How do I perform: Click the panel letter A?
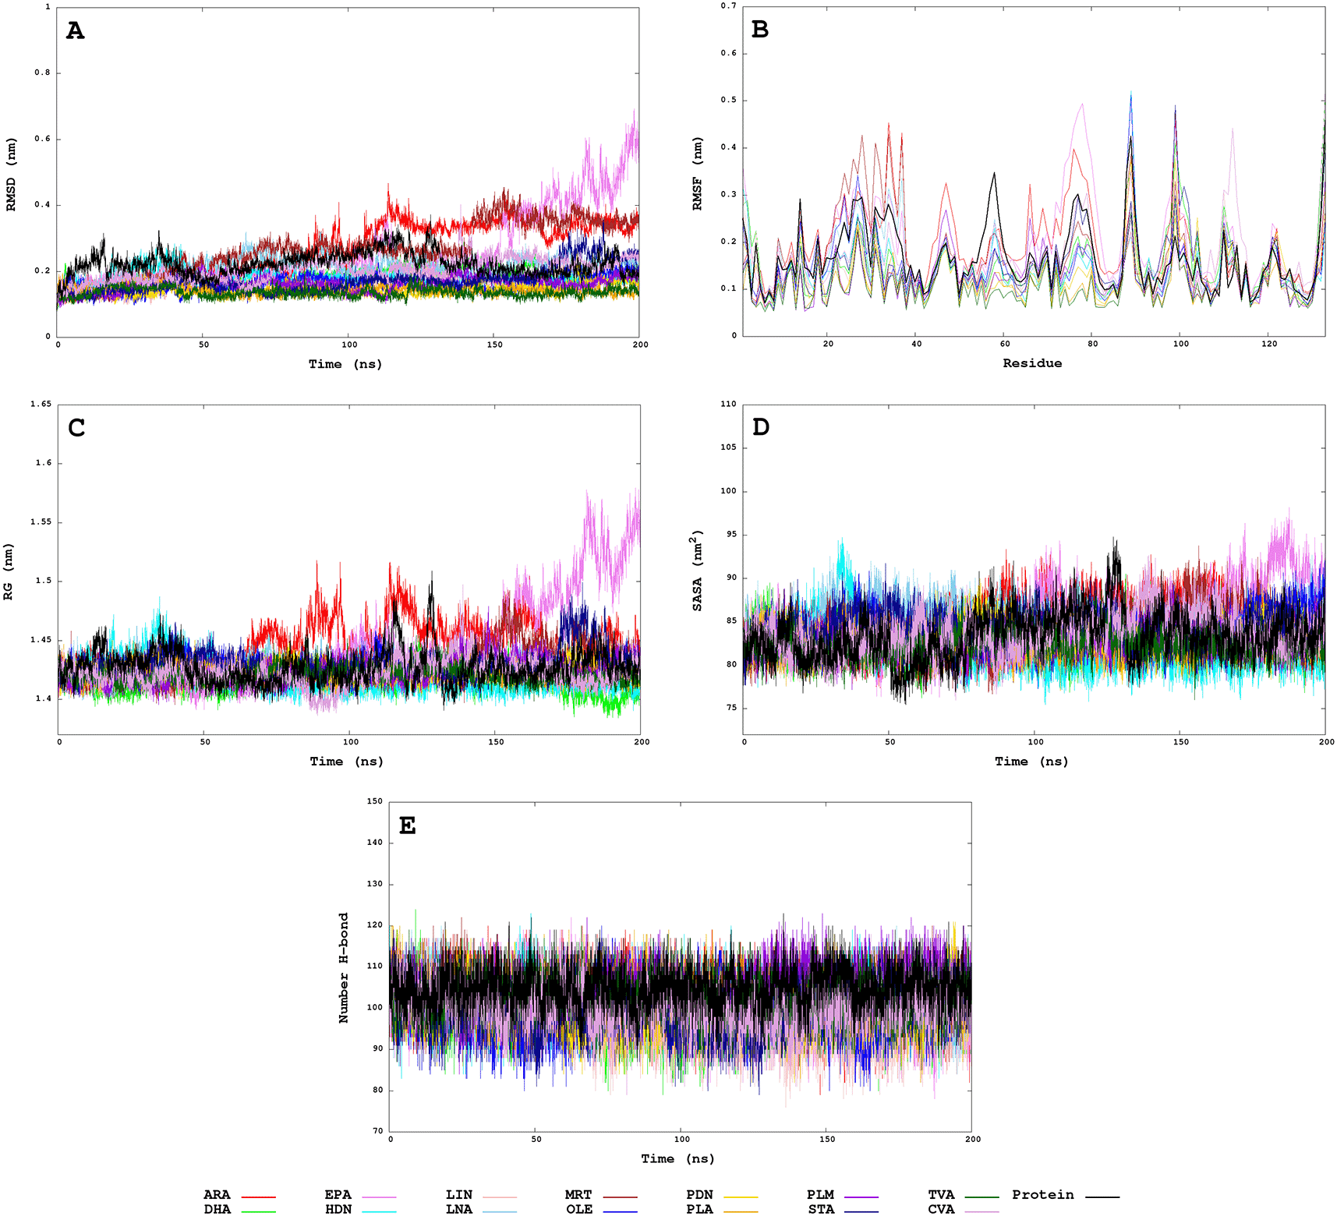[75, 31]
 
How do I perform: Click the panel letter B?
[759, 30]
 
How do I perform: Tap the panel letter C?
[76, 428]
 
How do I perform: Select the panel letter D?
[761, 427]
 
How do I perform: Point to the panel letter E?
[407, 825]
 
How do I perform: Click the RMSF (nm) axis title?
[697, 173]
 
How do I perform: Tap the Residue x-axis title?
[1031, 363]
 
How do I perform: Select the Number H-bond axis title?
[343, 967]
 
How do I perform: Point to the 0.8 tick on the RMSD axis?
[42, 73]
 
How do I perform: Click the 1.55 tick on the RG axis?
[41, 522]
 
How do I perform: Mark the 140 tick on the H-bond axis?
[374, 843]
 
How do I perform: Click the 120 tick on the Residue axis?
[1269, 344]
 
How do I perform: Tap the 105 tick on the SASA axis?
[728, 448]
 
